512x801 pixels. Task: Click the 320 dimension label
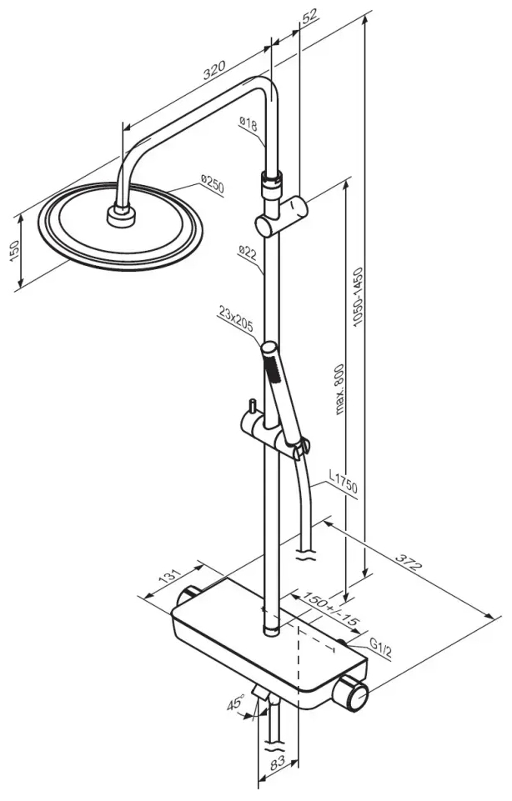(213, 71)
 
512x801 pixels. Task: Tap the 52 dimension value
(309, 18)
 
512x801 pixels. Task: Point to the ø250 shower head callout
(212, 183)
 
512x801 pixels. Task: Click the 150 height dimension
(14, 251)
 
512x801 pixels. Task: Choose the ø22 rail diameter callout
(247, 252)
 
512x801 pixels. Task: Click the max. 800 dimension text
(339, 388)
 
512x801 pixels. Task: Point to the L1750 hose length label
(343, 483)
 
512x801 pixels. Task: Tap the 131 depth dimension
(170, 578)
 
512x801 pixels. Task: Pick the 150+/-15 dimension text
(330, 608)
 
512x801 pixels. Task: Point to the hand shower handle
(278, 388)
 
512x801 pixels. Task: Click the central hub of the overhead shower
(121, 216)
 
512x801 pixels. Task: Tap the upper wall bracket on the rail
(281, 217)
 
